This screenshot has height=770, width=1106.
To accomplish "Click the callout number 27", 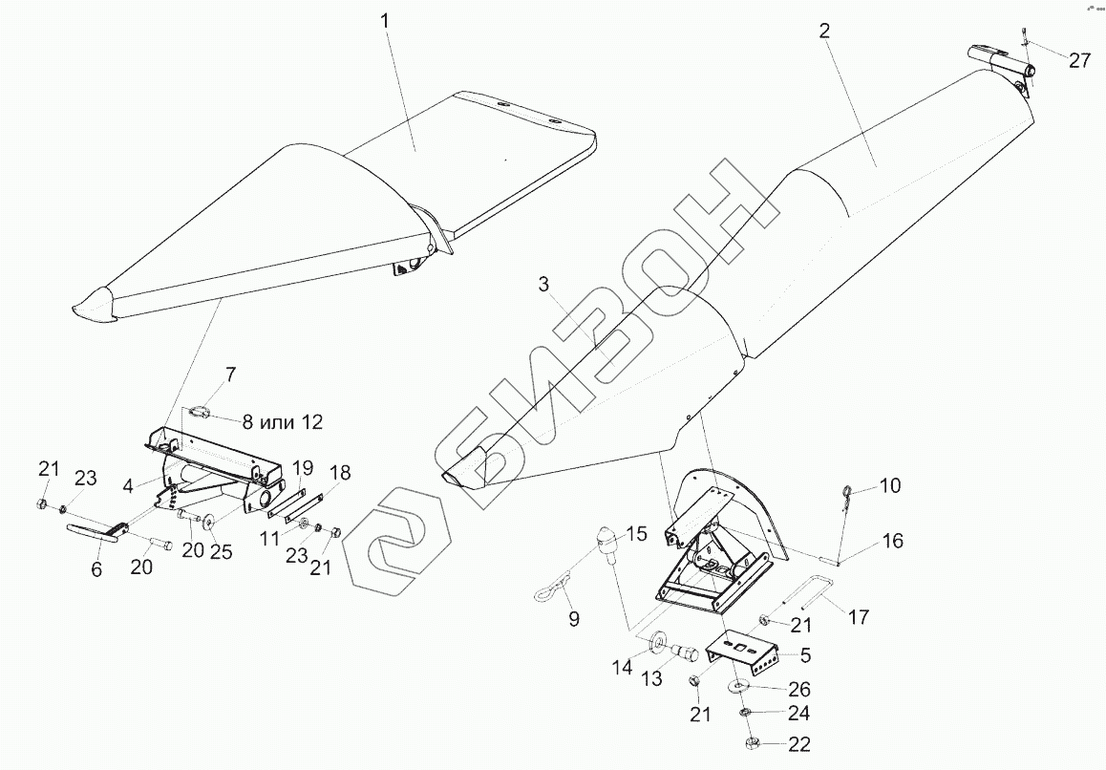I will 1079,60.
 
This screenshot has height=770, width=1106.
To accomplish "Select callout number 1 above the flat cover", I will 386,20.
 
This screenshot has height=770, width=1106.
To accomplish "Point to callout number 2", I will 824,30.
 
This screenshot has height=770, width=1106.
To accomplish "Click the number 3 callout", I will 543,285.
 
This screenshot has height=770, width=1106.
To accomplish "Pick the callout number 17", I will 859,617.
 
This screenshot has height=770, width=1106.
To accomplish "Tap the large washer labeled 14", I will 658,639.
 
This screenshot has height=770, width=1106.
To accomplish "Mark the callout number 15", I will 636,532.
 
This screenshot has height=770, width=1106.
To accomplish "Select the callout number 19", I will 302,467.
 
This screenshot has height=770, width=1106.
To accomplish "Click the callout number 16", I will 892,541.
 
